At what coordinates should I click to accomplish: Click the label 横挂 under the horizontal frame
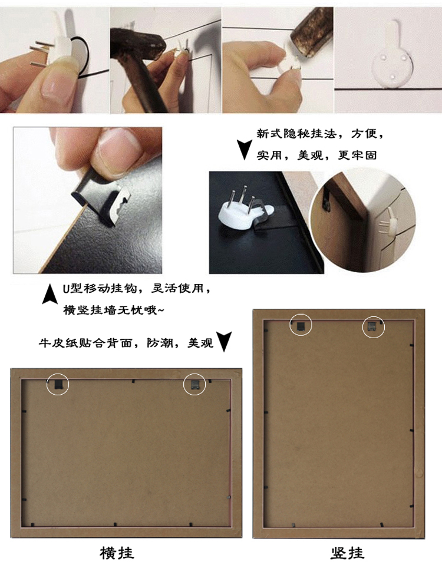pos(117,553)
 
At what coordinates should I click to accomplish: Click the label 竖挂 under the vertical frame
pos(347,553)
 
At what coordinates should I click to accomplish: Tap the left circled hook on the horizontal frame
pos(58,385)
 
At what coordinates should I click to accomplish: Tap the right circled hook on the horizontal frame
pos(195,385)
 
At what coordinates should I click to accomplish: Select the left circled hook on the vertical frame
pos(301,325)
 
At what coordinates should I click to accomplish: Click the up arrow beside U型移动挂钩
pos(50,294)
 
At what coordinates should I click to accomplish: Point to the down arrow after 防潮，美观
pos(224,341)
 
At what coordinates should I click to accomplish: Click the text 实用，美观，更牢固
pos(316,155)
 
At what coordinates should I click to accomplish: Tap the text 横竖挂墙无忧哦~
pos(114,311)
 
